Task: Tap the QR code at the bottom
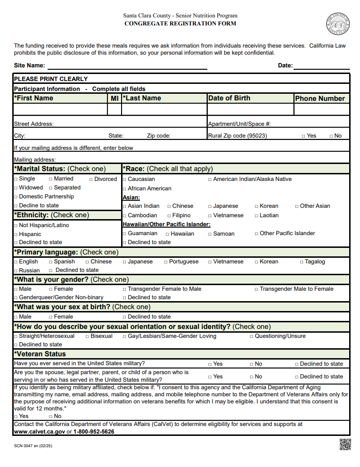coord(345,444)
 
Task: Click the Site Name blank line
coord(127,66)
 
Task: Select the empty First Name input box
coord(60,109)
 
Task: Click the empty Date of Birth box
coord(250,109)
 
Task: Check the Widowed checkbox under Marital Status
coord(16,188)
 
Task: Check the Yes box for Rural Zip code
coord(303,136)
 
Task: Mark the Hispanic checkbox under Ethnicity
coord(16,235)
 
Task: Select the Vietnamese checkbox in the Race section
coord(210,216)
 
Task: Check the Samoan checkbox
coord(210,234)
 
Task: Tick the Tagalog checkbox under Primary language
coord(301,262)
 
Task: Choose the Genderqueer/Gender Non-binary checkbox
coord(16,298)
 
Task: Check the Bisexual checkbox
coord(87,336)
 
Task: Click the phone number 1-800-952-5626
coord(93,432)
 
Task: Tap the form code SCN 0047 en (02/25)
coord(33,446)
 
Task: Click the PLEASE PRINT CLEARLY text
coord(51,79)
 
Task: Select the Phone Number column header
coord(320,98)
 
